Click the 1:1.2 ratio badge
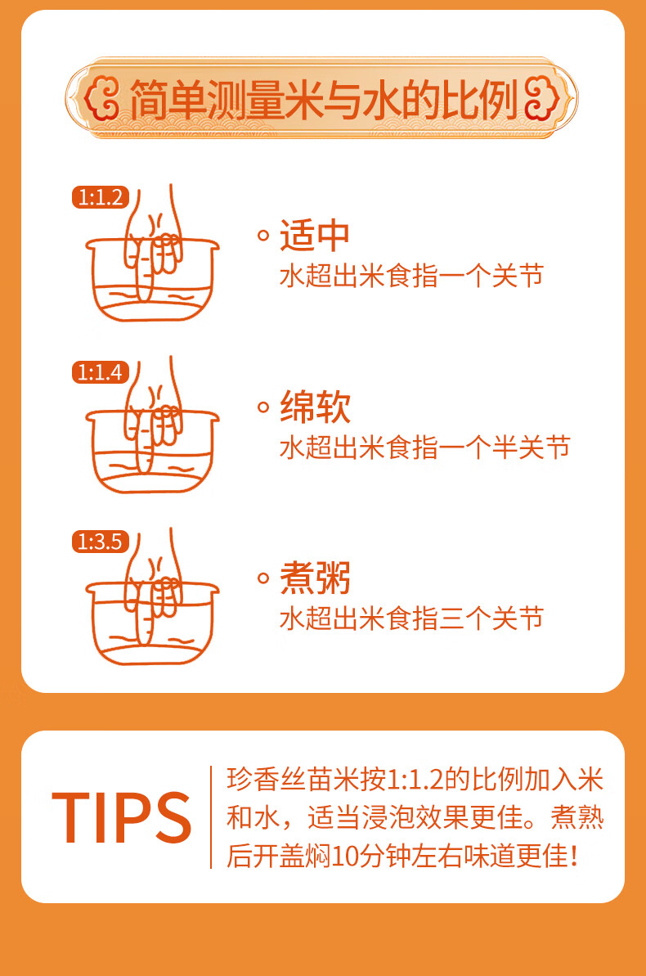[100, 197]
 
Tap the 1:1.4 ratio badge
[100, 372]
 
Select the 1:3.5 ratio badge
[100, 542]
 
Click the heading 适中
[315, 236]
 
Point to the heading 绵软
[315, 407]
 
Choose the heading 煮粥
[315, 578]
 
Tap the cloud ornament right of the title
[544, 101]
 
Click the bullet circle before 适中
[263, 236]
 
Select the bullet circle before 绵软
[263, 407]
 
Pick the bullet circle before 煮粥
[263, 578]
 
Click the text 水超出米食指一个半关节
[424, 448]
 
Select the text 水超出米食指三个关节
[411, 618]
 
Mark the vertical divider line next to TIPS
[211, 817]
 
